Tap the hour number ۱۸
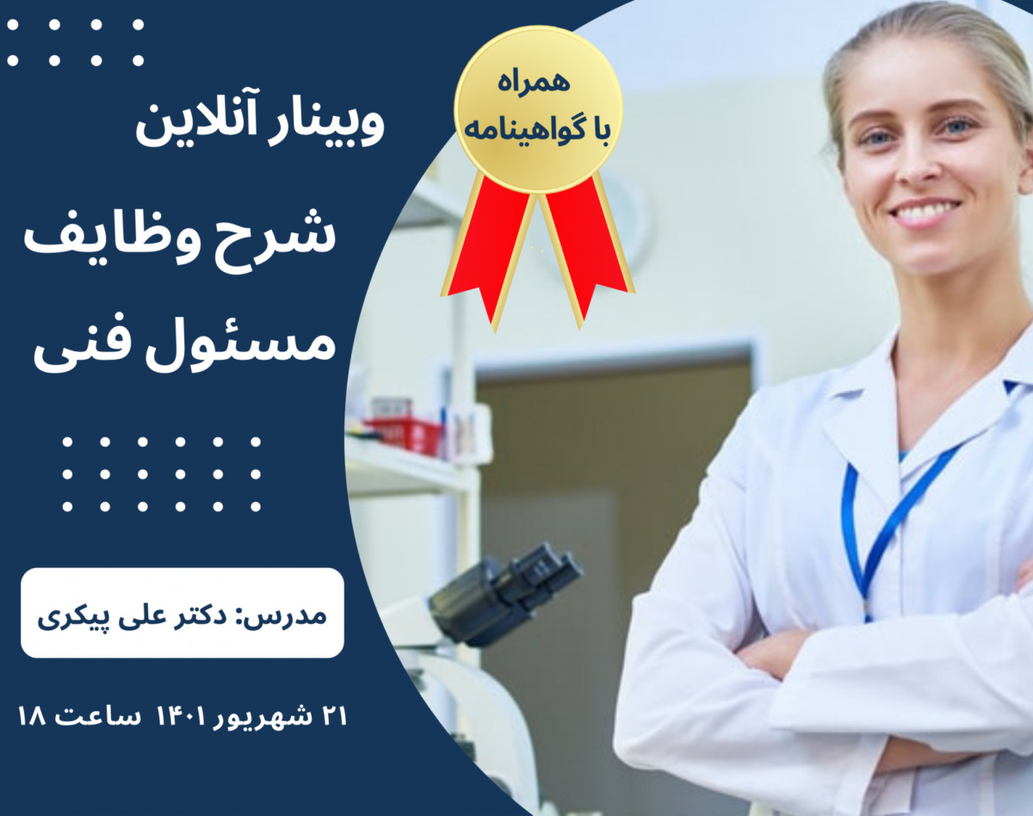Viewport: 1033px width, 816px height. point(34,717)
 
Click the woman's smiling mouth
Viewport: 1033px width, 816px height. point(925,211)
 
